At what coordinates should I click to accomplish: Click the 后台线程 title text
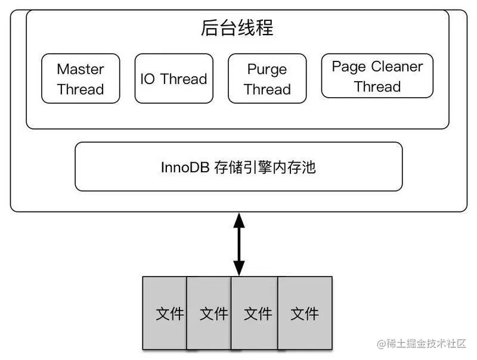[x=237, y=27]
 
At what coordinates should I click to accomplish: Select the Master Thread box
[x=80, y=79]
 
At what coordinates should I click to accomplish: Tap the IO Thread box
[x=174, y=79]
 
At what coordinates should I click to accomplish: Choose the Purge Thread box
[x=267, y=79]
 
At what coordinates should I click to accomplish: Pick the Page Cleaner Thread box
[x=377, y=76]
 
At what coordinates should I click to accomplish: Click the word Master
[x=80, y=69]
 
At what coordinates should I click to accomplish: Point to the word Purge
[x=267, y=69]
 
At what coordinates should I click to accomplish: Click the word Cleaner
[x=397, y=66]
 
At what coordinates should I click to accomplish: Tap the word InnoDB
[x=185, y=167]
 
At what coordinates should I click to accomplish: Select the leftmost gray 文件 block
[x=165, y=313]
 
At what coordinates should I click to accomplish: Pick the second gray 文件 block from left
[x=210, y=313]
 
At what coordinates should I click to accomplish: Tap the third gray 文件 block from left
[x=255, y=313]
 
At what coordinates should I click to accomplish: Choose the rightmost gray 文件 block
[x=305, y=313]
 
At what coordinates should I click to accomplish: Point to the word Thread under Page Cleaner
[x=377, y=86]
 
